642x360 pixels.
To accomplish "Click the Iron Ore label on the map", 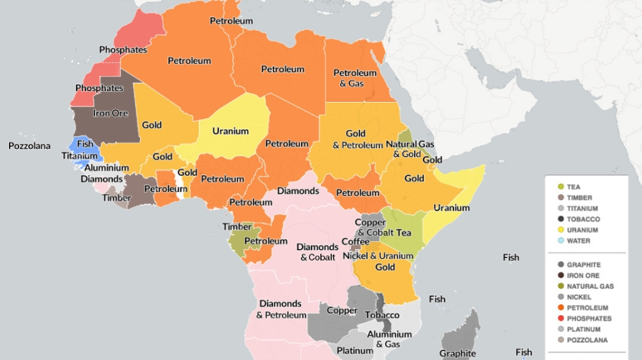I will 111,113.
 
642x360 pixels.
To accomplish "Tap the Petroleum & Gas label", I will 354,78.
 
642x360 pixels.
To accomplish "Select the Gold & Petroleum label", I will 357,139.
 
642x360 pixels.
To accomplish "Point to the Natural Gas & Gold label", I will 410,149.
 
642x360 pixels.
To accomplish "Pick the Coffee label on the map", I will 356,241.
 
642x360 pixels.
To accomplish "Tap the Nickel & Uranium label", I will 377,256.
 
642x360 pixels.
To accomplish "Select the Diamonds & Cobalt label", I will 317,252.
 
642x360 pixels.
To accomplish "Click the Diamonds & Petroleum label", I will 281,309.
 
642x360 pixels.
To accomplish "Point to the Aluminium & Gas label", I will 389,339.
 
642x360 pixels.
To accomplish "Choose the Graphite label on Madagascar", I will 458,354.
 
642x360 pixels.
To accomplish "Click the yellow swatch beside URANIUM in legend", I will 560,230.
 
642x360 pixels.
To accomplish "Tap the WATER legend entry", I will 578,241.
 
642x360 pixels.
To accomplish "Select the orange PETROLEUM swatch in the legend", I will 560,307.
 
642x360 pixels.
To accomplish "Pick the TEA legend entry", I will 573,187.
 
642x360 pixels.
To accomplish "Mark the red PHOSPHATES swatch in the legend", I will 560,318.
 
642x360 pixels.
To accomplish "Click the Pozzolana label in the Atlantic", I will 29,146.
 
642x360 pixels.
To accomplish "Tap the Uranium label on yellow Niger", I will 230,131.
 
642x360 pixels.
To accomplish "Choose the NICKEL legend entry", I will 578,296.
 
